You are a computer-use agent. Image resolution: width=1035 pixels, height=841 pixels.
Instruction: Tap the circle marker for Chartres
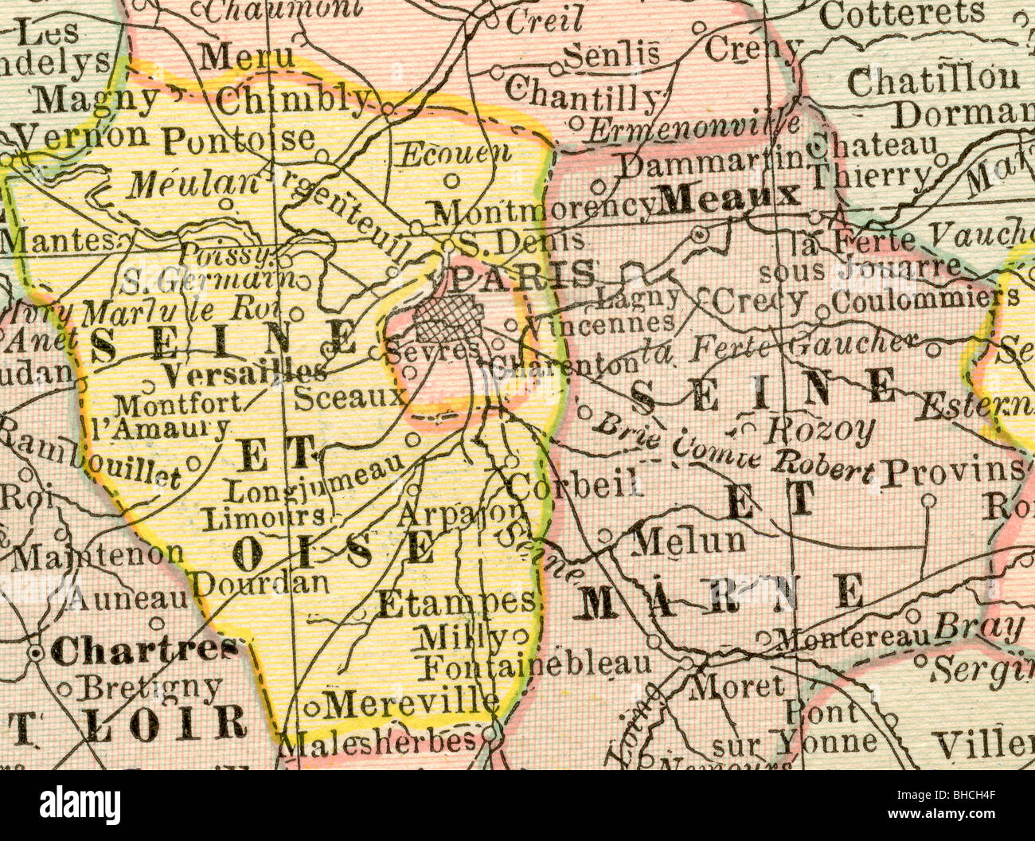pos(36,653)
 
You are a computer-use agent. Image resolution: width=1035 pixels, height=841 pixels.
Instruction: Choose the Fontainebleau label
pos(538,664)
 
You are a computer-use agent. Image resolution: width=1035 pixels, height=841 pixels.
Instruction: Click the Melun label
pos(689,542)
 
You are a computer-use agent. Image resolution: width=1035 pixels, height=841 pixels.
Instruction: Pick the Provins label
pos(953,473)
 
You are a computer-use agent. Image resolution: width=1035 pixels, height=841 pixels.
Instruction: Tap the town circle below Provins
pos(928,500)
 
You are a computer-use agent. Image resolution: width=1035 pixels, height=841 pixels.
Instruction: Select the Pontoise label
pos(239,140)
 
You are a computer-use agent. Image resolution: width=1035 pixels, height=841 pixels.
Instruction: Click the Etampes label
pos(455,603)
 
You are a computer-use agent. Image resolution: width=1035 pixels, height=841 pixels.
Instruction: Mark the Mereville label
pos(412,702)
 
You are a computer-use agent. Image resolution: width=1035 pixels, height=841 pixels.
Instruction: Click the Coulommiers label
pos(924,299)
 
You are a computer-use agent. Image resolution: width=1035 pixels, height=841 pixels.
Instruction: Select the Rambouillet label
pos(91,458)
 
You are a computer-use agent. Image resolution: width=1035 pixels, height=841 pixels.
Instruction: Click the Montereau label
pos(853,637)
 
